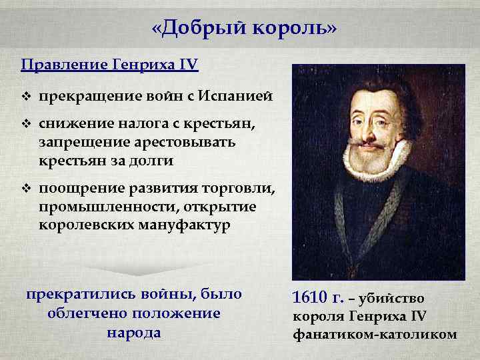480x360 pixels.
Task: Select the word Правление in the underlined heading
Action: tap(56, 65)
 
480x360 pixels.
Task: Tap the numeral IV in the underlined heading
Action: tap(187, 65)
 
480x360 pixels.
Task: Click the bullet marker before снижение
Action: tap(26, 125)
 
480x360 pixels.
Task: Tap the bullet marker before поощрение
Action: tap(26, 192)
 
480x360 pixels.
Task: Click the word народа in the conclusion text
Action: tap(134, 332)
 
